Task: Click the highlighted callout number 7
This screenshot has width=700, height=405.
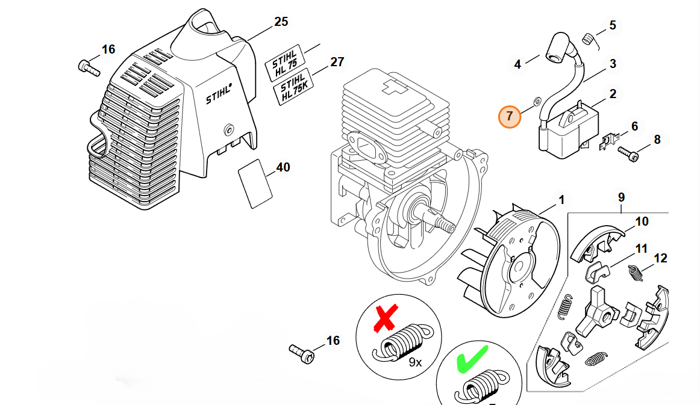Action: point(509,116)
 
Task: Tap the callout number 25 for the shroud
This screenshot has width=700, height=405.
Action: point(281,22)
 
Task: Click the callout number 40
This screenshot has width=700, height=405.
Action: point(283,167)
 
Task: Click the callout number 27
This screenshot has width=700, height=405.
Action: point(337,62)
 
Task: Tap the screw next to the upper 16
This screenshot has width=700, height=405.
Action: point(89,67)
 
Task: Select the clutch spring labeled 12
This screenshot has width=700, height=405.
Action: point(635,273)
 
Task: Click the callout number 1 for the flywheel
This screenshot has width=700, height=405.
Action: point(561,200)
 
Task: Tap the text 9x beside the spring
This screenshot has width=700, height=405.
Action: point(415,362)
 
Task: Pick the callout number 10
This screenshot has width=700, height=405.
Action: point(642,221)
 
